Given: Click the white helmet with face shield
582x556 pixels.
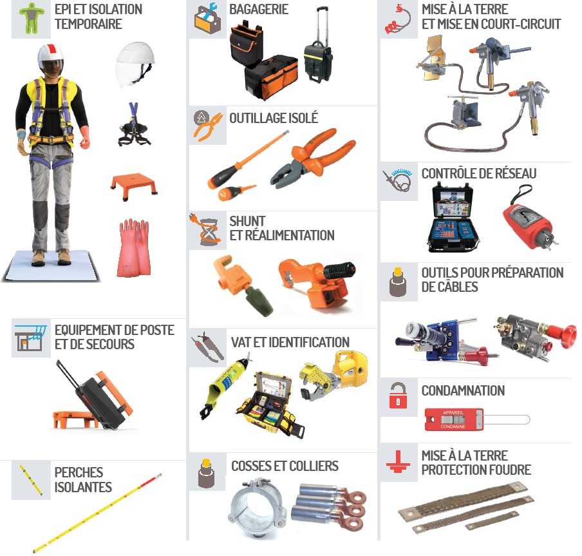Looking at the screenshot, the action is coord(135,64).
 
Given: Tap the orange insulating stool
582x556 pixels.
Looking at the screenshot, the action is coord(135,186).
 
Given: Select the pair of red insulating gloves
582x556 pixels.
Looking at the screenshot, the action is coord(134,248).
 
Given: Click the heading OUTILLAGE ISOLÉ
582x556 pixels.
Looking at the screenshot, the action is coord(274,118).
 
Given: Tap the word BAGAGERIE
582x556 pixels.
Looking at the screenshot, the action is coord(259,9).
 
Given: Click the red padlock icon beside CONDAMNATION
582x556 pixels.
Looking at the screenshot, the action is coord(398,396).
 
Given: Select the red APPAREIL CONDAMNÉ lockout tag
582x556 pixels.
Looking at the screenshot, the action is coord(454,419).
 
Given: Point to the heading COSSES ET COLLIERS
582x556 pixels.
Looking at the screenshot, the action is coord(285,466).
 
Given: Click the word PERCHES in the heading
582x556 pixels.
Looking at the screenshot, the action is coord(79,472).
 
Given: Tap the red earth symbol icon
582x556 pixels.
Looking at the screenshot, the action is coord(398,462).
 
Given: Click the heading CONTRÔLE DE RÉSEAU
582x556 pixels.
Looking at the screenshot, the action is coord(479,173).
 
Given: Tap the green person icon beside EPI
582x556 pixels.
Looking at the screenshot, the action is coord(31,17).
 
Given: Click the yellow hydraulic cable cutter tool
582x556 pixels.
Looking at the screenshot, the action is coord(334,375).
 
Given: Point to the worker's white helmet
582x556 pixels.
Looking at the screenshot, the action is coord(51,55).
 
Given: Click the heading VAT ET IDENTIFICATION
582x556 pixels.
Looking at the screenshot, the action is coord(290,342).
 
